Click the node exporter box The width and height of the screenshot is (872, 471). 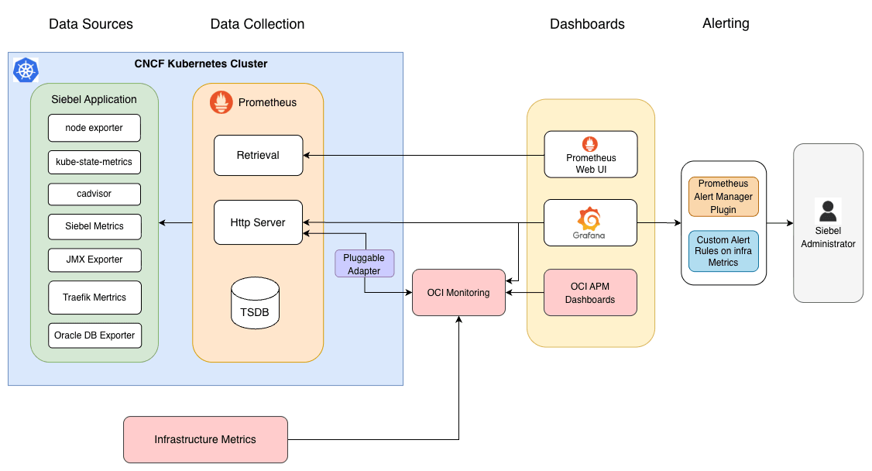pos(94,128)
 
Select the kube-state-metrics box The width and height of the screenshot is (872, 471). pos(94,163)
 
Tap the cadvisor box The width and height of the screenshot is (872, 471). pos(94,194)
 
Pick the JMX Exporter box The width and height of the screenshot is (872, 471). pos(94,260)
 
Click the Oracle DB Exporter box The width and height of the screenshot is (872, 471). pos(94,335)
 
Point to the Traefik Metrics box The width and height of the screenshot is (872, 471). pos(94,297)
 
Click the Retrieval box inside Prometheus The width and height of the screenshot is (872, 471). pos(258,155)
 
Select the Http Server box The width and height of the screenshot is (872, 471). pos(258,222)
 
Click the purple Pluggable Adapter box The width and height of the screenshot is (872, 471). pos(364,263)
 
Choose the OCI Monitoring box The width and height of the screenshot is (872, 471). pos(458,293)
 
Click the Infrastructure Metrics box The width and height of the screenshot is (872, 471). pos(205,439)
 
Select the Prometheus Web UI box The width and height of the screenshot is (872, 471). pos(590,153)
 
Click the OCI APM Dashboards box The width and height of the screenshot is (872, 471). pos(590,293)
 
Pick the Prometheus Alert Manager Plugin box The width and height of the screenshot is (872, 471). pos(723,197)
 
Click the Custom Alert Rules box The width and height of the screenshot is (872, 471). pos(723,251)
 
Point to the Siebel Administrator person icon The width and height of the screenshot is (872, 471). pos(828,211)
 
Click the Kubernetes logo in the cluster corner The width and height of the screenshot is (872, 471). pos(26,70)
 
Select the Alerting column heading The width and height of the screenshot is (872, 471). pos(726,23)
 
